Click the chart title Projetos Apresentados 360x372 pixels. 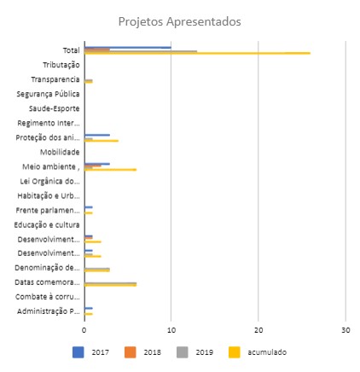tap(179, 21)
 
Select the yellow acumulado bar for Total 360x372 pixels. tap(197, 53)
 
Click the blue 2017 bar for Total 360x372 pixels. tap(128, 48)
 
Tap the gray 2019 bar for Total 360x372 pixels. tap(141, 51)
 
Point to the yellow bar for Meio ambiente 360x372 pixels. tap(110, 170)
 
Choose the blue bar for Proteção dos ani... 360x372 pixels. tap(97, 135)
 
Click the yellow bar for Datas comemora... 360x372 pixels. tap(110, 285)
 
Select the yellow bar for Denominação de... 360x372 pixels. tap(97, 270)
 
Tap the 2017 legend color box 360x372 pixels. tap(78, 352)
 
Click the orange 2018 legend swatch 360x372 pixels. tap(131, 352)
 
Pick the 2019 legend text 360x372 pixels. tap(204, 352)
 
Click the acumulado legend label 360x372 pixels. tap(267, 352)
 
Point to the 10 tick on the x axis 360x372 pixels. tap(171, 330)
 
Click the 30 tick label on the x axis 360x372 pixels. tap(345, 330)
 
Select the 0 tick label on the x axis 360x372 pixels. tap(84, 330)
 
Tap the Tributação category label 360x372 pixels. tap(61, 65)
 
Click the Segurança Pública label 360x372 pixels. tap(48, 94)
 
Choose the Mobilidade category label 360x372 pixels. tap(60, 152)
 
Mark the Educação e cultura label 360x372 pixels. tap(47, 225)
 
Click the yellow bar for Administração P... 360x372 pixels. tap(89, 314)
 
